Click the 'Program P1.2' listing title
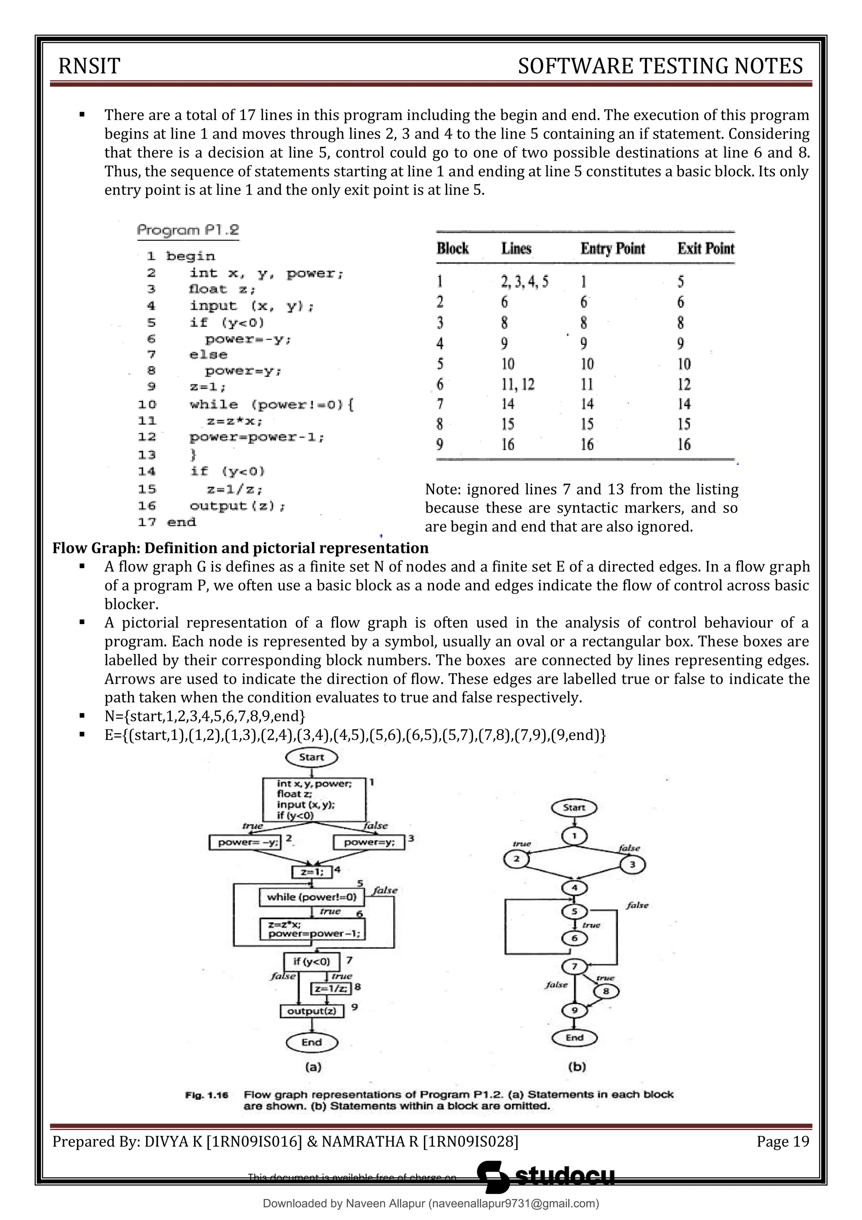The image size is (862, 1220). coord(188,231)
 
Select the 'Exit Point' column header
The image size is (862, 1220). coord(705,249)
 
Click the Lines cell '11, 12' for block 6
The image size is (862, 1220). coord(518,384)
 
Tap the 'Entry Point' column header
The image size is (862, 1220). coord(612,249)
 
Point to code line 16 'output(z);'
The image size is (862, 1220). coord(237,506)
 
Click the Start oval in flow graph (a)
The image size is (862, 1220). coord(311,757)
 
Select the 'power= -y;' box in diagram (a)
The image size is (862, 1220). coord(245,842)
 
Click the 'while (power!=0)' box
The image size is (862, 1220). coord(312,897)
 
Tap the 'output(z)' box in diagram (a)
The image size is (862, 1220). coord(312,1011)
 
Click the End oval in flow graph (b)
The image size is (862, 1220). coord(574,1038)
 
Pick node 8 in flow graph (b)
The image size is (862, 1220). coord(606,991)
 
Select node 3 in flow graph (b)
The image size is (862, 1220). coord(632,865)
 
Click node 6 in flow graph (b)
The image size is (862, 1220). coord(574,938)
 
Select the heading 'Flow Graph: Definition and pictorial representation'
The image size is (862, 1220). coord(240,548)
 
